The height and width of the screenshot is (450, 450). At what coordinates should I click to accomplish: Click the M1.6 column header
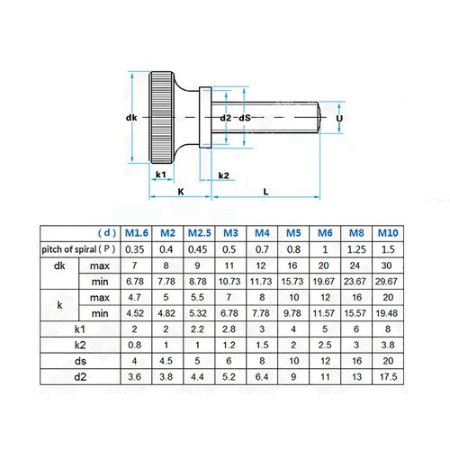coord(135,231)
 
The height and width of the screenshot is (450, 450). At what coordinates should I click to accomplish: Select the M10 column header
coord(388,231)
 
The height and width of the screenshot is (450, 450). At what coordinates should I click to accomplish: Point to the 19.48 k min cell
coord(388,312)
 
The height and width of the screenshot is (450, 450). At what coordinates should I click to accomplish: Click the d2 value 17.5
coord(388,376)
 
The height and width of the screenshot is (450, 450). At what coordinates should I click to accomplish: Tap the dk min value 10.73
coord(229,281)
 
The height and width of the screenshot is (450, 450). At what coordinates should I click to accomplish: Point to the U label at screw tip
coord(339,117)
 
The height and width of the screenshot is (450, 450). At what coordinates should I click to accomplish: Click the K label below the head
coord(180,192)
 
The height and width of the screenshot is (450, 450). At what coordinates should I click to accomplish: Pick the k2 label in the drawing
coord(224,174)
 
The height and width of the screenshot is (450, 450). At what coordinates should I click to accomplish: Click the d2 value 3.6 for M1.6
coord(135,376)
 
